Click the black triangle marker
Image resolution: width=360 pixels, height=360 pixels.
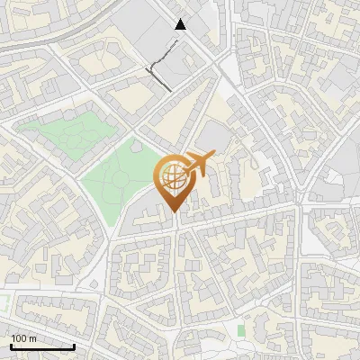pyautogui.click(x=181, y=24)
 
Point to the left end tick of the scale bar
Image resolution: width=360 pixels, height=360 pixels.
pyautogui.click(x=11, y=346)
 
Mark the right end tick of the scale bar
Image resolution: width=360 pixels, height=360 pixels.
pyautogui.click(x=74, y=346)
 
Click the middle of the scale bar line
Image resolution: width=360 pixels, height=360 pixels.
pyautogui.click(x=42, y=347)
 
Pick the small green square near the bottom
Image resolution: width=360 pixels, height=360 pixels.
pyautogui.click(x=240, y=330)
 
